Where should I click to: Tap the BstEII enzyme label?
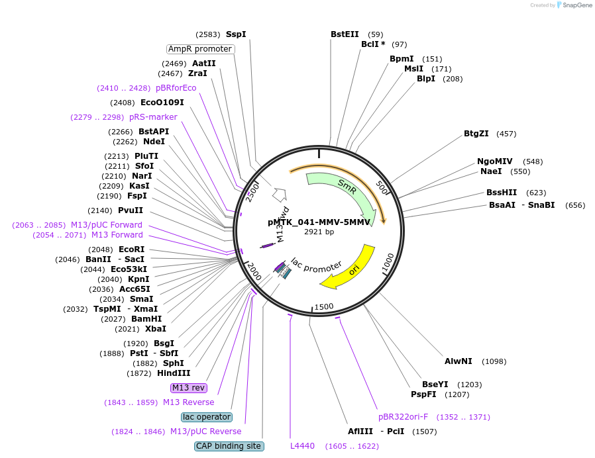pos(345,34)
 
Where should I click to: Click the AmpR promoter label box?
pos(200,49)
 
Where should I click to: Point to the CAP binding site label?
pos(229,446)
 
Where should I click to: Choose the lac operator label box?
pos(207,417)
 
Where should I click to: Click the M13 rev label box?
pos(189,387)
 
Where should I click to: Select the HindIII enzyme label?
pos(174,373)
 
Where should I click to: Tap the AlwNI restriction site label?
pos(459,361)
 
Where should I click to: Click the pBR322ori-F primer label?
pos(403,417)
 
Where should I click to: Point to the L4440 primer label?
pos(302,446)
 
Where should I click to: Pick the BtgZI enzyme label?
pos(476,134)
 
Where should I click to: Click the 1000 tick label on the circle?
pos(388,262)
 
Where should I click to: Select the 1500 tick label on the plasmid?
pos(324,306)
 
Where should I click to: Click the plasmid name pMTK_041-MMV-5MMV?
pos(319,222)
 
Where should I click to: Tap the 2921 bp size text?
pos(319,232)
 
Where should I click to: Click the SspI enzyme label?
pos(236,34)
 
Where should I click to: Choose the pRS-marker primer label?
pos(153,116)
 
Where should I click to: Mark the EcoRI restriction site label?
pos(132,249)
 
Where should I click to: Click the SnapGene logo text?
pos(577,5)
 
